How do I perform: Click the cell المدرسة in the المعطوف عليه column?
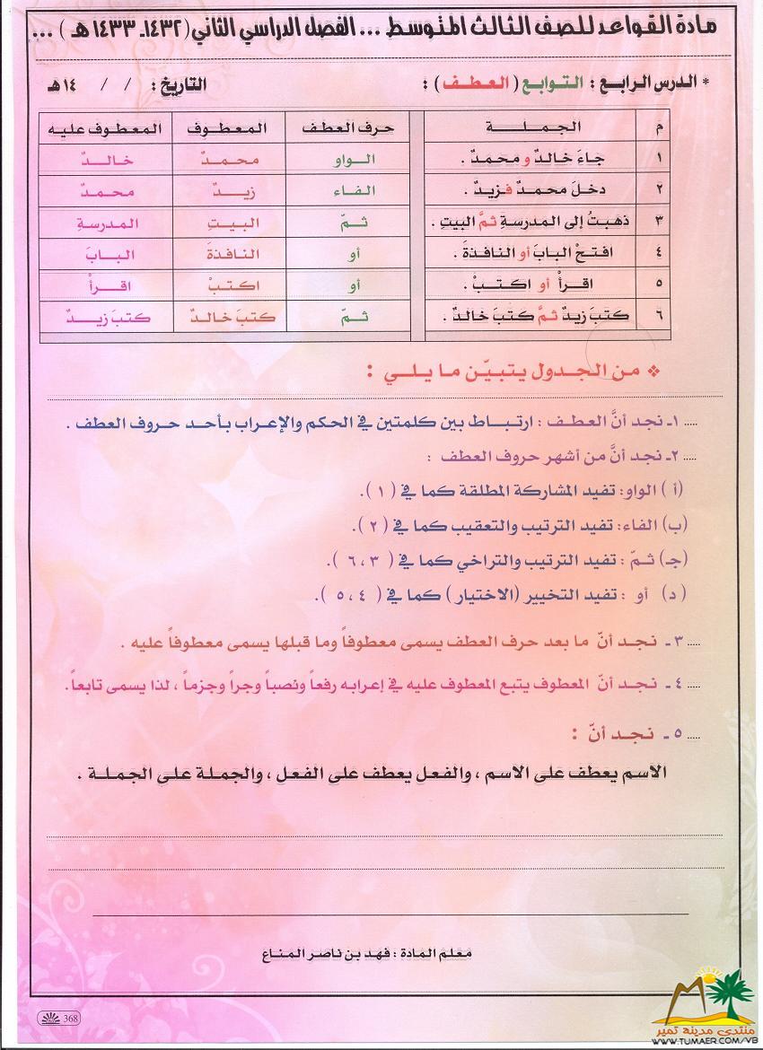point(97,223)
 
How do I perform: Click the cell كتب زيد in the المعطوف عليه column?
point(97,318)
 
